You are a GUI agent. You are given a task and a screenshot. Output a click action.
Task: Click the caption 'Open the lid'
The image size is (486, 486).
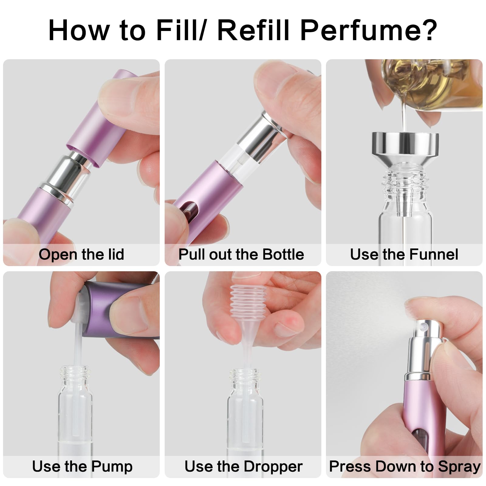[81, 255]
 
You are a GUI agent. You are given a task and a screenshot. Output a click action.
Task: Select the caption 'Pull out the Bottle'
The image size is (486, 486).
[241, 255]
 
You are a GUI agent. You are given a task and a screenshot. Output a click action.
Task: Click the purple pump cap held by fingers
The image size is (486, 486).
[122, 311]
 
